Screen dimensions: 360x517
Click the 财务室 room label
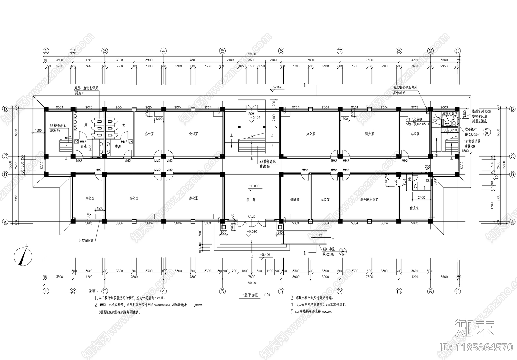click(x=369, y=134)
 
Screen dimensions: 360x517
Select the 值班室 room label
click(x=294, y=200)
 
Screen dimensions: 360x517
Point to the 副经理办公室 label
click(x=369, y=200)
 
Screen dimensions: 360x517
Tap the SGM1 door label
click(x=252, y=114)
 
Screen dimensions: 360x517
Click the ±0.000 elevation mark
click(x=254, y=186)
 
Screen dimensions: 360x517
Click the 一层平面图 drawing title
click(x=250, y=295)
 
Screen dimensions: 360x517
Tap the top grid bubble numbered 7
click(x=340, y=51)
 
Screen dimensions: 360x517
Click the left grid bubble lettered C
click(x=5, y=156)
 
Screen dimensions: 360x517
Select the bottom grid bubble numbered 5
click(x=222, y=291)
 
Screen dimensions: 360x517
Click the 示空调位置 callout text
click(x=86, y=241)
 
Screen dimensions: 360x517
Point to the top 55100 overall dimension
click(x=251, y=55)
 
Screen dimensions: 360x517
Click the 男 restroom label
click(x=85, y=124)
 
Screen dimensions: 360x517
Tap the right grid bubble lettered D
click(x=512, y=109)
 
